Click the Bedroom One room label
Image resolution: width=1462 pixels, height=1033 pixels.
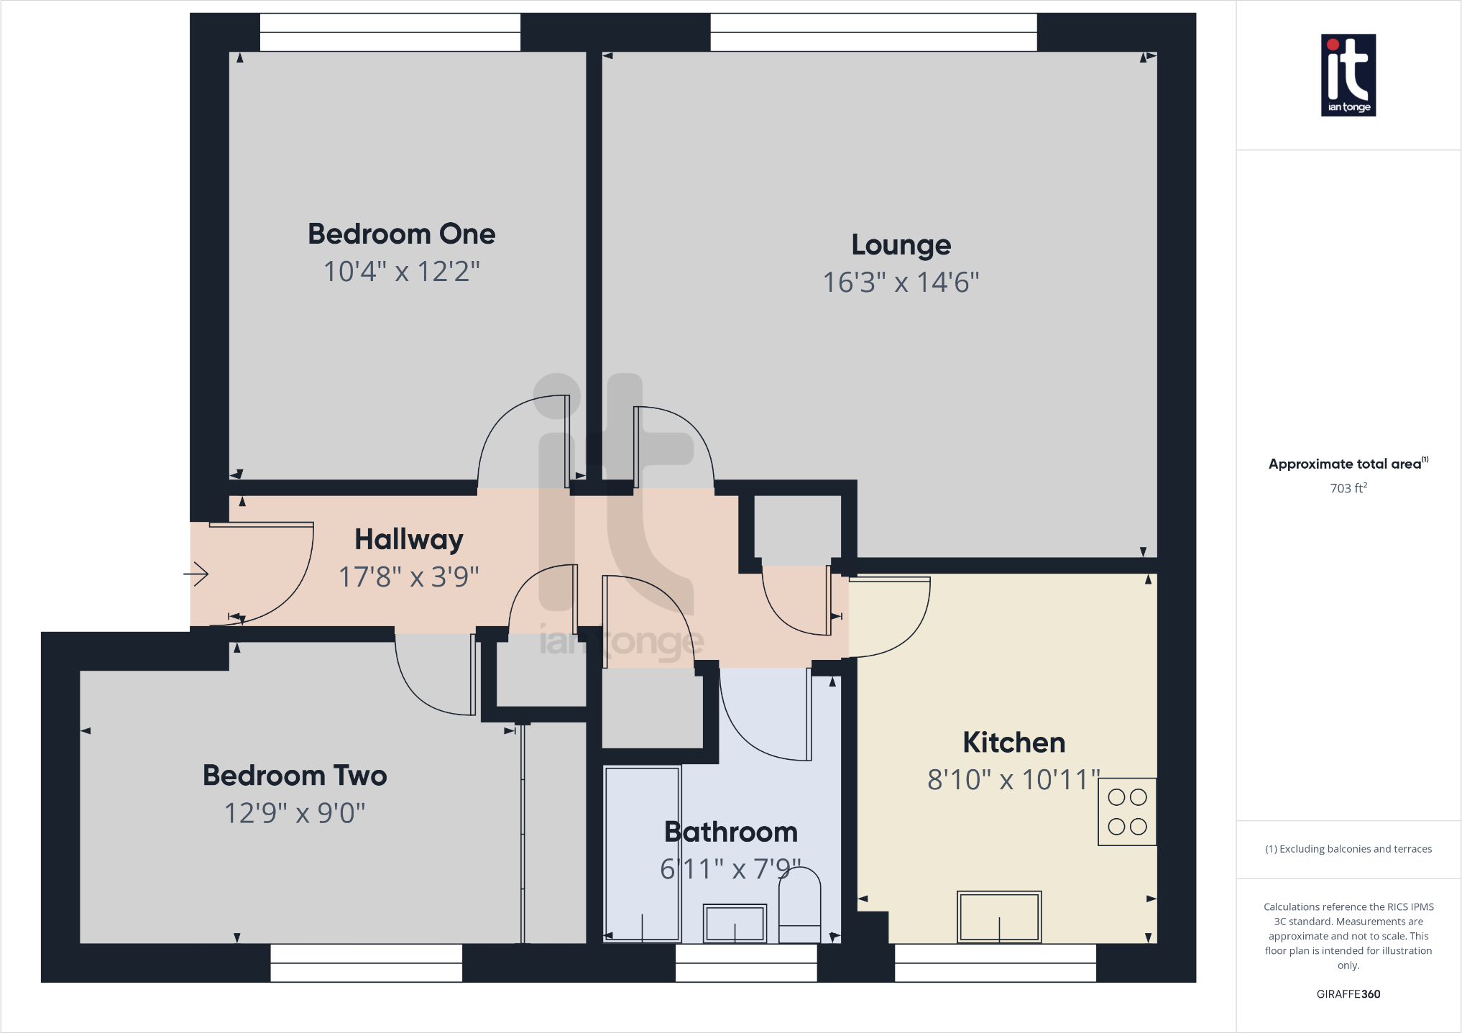[x=401, y=234]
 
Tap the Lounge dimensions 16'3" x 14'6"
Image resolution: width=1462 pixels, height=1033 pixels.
[x=901, y=283]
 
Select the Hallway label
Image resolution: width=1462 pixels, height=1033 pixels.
[x=408, y=539]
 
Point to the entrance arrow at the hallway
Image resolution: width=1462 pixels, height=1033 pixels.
[x=196, y=574]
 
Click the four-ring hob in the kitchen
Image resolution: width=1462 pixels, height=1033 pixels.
[x=1126, y=812]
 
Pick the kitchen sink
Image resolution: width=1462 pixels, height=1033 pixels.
[x=998, y=917]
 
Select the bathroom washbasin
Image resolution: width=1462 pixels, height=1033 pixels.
[x=734, y=922]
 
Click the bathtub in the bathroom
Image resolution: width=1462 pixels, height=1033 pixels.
[x=642, y=853]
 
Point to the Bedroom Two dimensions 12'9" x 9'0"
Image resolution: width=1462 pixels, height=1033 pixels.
[x=295, y=813]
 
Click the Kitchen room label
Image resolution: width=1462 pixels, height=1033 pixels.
[x=1013, y=743]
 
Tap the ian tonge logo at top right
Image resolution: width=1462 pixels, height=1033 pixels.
[x=1348, y=75]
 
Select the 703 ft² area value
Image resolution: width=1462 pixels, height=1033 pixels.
[x=1348, y=488]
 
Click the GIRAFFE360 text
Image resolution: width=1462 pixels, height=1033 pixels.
[x=1348, y=994]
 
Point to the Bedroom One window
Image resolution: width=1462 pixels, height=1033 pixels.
[x=390, y=32]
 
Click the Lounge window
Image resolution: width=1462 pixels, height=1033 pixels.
[x=873, y=32]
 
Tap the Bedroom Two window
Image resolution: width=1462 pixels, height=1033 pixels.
[x=366, y=963]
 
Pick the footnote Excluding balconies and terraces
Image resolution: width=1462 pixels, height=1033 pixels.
[x=1348, y=849]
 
